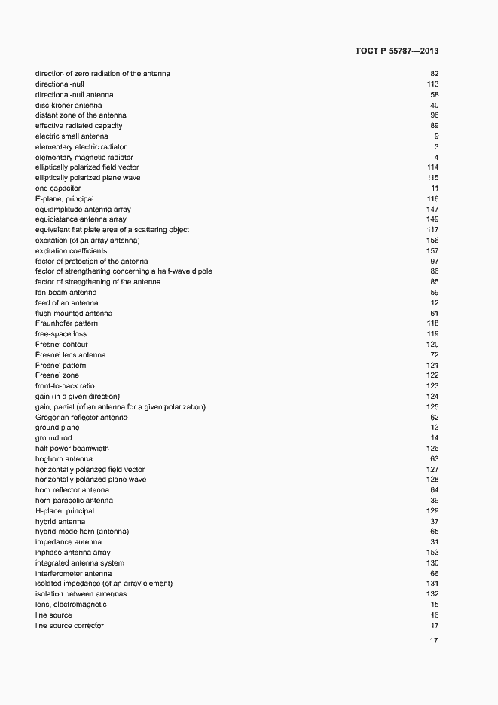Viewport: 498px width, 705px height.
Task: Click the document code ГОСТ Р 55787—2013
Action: point(396,51)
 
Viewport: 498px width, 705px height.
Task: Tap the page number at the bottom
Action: point(434,641)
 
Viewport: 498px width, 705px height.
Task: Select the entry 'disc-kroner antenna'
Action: point(69,105)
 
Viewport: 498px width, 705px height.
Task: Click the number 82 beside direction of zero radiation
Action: point(434,74)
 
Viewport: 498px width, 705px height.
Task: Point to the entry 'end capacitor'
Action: point(58,188)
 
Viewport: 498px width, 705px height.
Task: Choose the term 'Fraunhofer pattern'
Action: point(66,323)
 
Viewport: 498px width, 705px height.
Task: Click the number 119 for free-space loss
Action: point(432,334)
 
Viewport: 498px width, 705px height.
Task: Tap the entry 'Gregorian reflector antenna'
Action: point(81,417)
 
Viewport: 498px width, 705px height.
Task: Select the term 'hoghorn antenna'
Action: point(64,458)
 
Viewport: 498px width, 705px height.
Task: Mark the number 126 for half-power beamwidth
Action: point(432,449)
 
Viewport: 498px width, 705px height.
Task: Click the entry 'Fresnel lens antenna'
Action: point(71,354)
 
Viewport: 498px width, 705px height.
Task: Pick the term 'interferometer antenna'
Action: point(73,573)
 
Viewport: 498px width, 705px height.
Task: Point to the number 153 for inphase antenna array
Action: point(432,553)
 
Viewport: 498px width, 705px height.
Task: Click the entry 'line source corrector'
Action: point(69,626)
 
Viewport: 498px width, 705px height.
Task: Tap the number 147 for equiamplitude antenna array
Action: point(432,209)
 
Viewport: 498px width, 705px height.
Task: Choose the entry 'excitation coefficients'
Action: point(71,250)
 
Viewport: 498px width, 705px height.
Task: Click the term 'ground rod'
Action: point(53,438)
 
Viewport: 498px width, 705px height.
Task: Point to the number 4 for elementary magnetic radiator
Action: point(436,157)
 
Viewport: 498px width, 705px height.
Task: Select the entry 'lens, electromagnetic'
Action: point(71,605)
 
